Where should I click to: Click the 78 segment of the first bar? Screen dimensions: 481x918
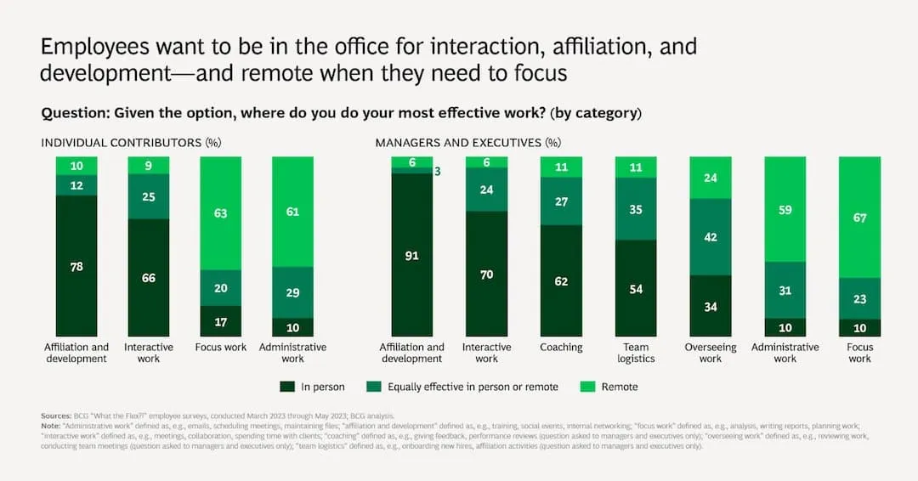point(76,266)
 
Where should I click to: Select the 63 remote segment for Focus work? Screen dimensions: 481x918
point(221,213)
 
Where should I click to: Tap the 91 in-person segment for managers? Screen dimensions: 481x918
point(411,254)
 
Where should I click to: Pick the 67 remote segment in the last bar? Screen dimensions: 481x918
point(860,217)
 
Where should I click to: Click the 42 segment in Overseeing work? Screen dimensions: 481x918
point(711,237)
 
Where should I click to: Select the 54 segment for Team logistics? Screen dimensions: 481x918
point(636,288)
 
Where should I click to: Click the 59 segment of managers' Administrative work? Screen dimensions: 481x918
point(785,209)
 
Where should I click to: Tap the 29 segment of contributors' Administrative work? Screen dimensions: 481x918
point(292,292)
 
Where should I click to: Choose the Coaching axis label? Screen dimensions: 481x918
point(561,348)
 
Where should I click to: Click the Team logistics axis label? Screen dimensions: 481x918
point(636,353)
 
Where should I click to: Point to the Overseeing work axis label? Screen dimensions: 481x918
point(711,353)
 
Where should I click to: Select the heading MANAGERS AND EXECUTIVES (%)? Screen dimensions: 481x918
point(467,143)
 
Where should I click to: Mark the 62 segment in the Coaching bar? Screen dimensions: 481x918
point(561,280)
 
